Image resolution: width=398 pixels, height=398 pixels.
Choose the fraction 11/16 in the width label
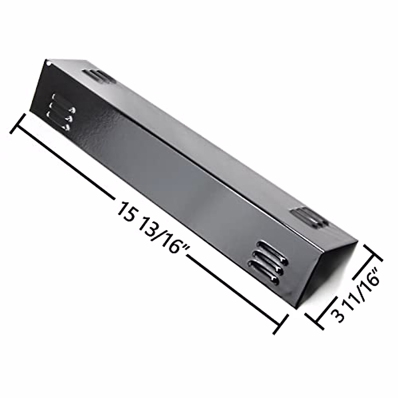click(358, 292)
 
